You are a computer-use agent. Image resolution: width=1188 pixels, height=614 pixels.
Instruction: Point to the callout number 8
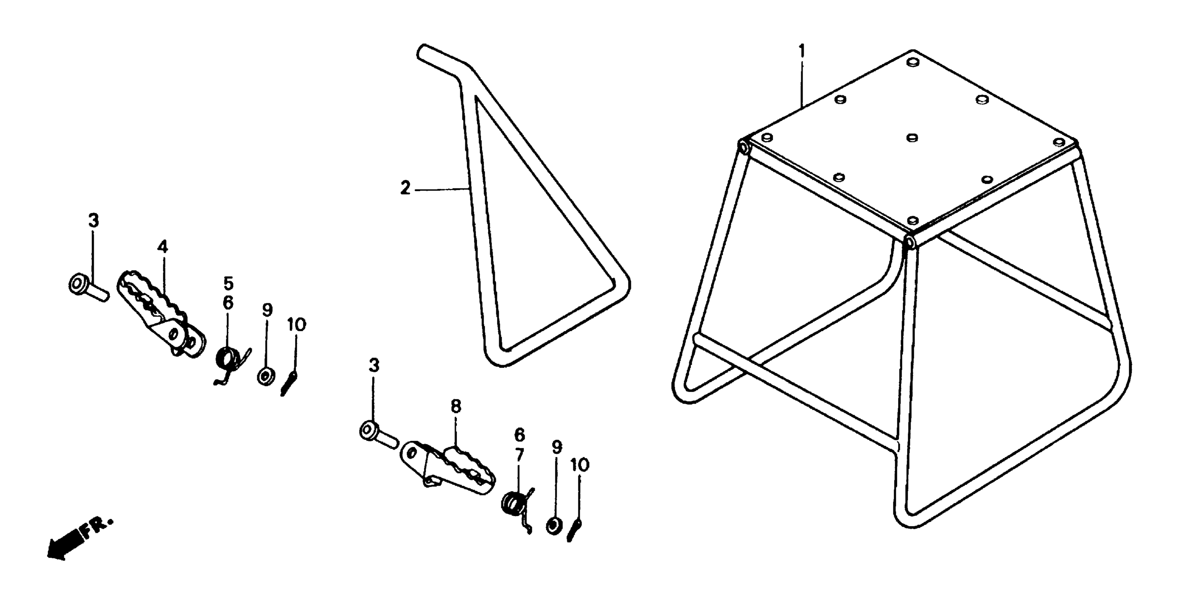[x=455, y=406]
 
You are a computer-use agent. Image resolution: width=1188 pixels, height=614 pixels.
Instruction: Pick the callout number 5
[x=228, y=283]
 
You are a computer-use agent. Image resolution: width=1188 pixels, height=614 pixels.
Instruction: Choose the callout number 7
[x=519, y=455]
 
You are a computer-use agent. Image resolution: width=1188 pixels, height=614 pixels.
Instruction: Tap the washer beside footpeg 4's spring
[x=266, y=376]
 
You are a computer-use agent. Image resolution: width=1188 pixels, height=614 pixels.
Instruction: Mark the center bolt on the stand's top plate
[x=912, y=138]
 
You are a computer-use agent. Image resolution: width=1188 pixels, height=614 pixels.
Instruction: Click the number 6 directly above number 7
[x=519, y=435]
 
